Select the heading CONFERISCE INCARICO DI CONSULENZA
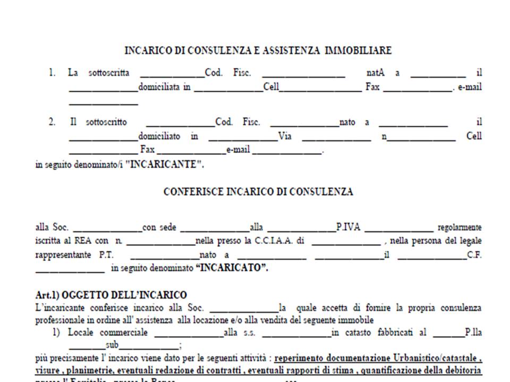[x=258, y=192]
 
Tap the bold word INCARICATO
[x=232, y=268]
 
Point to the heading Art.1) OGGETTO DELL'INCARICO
[x=111, y=295]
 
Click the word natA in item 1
[x=376, y=73]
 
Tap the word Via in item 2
[x=285, y=136]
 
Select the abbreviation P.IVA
[x=348, y=228]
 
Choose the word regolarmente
[x=460, y=228]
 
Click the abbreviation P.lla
[x=473, y=333]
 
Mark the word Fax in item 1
[x=373, y=87]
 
